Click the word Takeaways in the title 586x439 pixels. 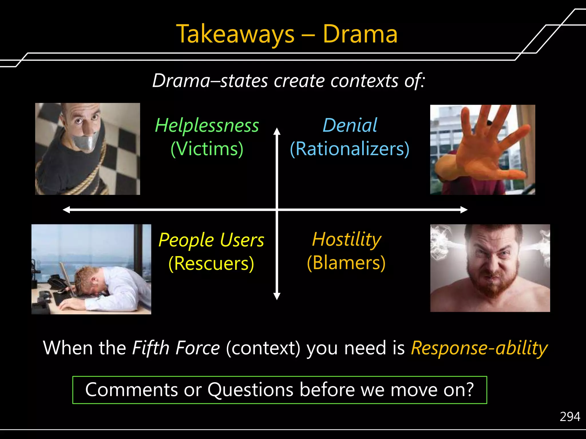coord(235,34)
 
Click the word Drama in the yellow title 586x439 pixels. coord(360,34)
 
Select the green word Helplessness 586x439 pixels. coord(207,125)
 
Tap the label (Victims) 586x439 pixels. coord(207,149)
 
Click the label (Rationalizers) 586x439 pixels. coord(350,149)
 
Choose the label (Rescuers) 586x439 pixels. coord(211,263)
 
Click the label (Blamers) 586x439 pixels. coord(346,263)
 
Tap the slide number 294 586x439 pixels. coord(570,417)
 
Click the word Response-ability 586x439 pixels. coord(479,348)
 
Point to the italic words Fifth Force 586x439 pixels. coord(176,348)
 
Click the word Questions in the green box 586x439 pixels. coord(250,390)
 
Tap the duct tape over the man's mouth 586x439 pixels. coord(85,142)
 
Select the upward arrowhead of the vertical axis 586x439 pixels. coord(277,131)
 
